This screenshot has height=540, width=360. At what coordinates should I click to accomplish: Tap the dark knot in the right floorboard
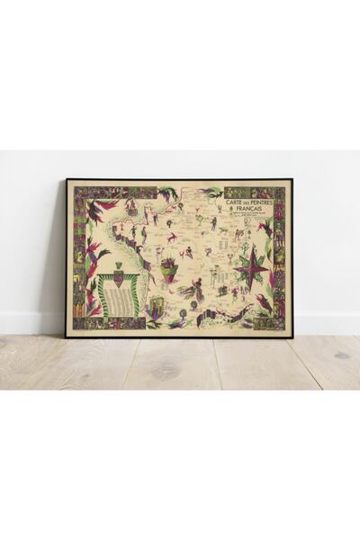[x=341, y=355]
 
